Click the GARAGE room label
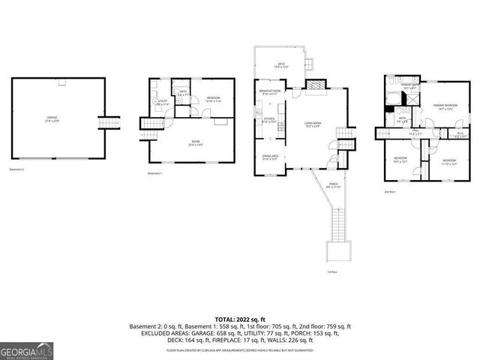tap(53, 118)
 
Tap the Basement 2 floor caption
tap(17, 169)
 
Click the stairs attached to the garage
tap(110, 123)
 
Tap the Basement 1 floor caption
tap(155, 173)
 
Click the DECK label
tap(281, 65)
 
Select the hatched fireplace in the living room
tap(316, 85)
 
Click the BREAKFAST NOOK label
tap(270, 92)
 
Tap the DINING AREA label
tap(270, 157)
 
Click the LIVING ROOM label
tap(312, 124)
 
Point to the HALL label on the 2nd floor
tap(415, 133)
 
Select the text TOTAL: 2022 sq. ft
tap(239, 319)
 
